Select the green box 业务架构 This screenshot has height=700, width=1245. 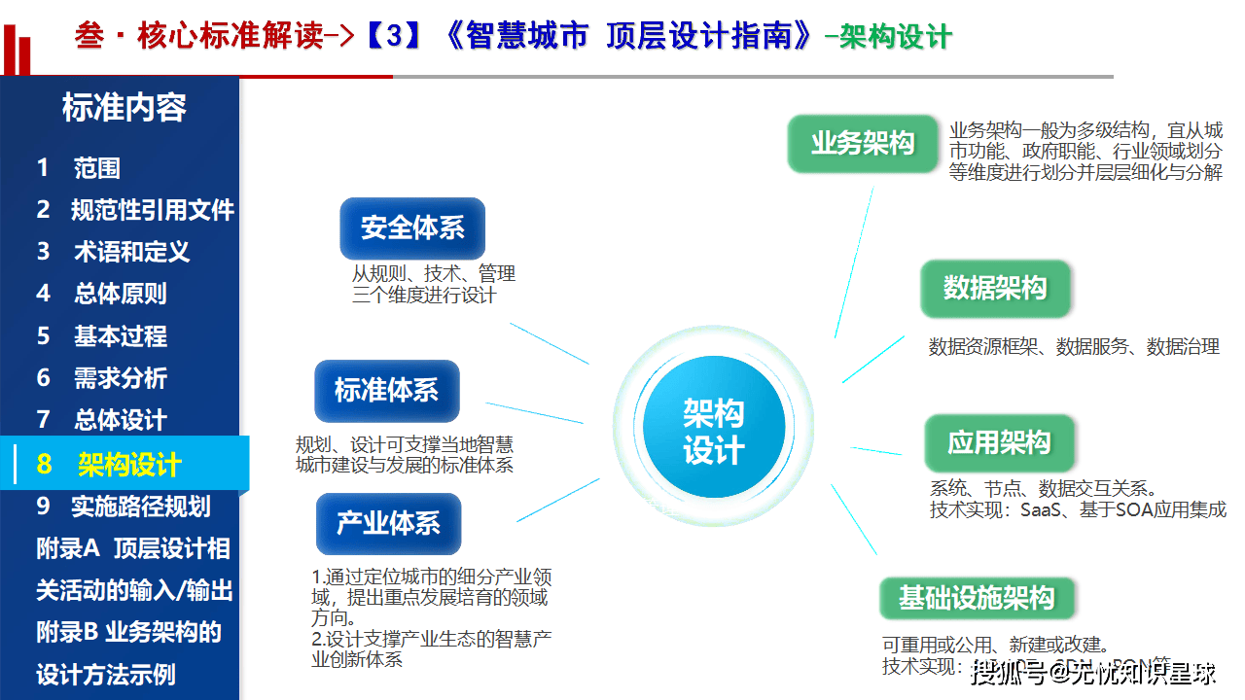[863, 144]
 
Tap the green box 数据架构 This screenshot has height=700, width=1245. [995, 288]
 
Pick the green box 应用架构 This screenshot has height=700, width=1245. [999, 443]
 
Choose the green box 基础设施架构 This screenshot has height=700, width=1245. [976, 598]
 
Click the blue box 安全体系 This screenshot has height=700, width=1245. [412, 228]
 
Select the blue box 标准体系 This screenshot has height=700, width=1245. [386, 391]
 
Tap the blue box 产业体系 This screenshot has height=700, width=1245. [388, 524]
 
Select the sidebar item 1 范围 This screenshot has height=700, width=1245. [79, 168]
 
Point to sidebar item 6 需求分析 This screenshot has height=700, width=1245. [102, 378]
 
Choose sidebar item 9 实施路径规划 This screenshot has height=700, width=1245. [124, 507]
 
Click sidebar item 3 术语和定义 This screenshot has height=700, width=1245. [113, 252]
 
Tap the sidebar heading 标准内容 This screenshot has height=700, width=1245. [124, 108]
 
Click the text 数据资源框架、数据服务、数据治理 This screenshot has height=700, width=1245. [1074, 347]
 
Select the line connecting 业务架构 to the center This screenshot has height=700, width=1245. [853, 262]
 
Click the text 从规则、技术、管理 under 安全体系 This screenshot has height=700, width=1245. [434, 274]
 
